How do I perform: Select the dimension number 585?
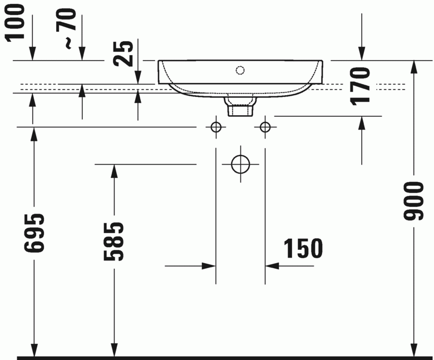tap(114, 242)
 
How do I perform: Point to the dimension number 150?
tap(303, 249)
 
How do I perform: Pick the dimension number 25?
tap(127, 53)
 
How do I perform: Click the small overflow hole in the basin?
tap(240, 70)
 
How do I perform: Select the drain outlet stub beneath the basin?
tap(239, 107)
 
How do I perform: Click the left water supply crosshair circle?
tap(216, 127)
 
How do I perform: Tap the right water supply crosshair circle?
tap(265, 127)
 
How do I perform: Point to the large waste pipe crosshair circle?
tap(240, 164)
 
